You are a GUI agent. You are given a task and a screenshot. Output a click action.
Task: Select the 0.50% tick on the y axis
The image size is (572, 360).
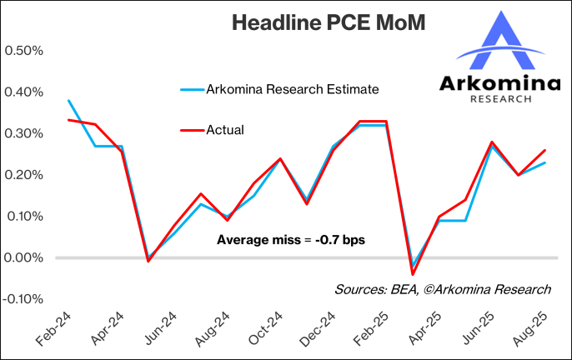point(24,50)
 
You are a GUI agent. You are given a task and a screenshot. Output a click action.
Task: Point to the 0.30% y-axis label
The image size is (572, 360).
point(24,133)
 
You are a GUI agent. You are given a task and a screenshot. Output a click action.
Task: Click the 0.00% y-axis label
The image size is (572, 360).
point(24,257)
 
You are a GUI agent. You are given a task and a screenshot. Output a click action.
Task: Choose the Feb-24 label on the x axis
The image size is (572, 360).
point(52,328)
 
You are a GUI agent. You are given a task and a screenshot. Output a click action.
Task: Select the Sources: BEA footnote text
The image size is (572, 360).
point(443,289)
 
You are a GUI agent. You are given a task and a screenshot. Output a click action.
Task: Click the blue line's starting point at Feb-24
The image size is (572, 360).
point(68,100)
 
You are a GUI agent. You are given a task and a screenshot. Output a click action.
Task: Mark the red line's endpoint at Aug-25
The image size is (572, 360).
point(546,150)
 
